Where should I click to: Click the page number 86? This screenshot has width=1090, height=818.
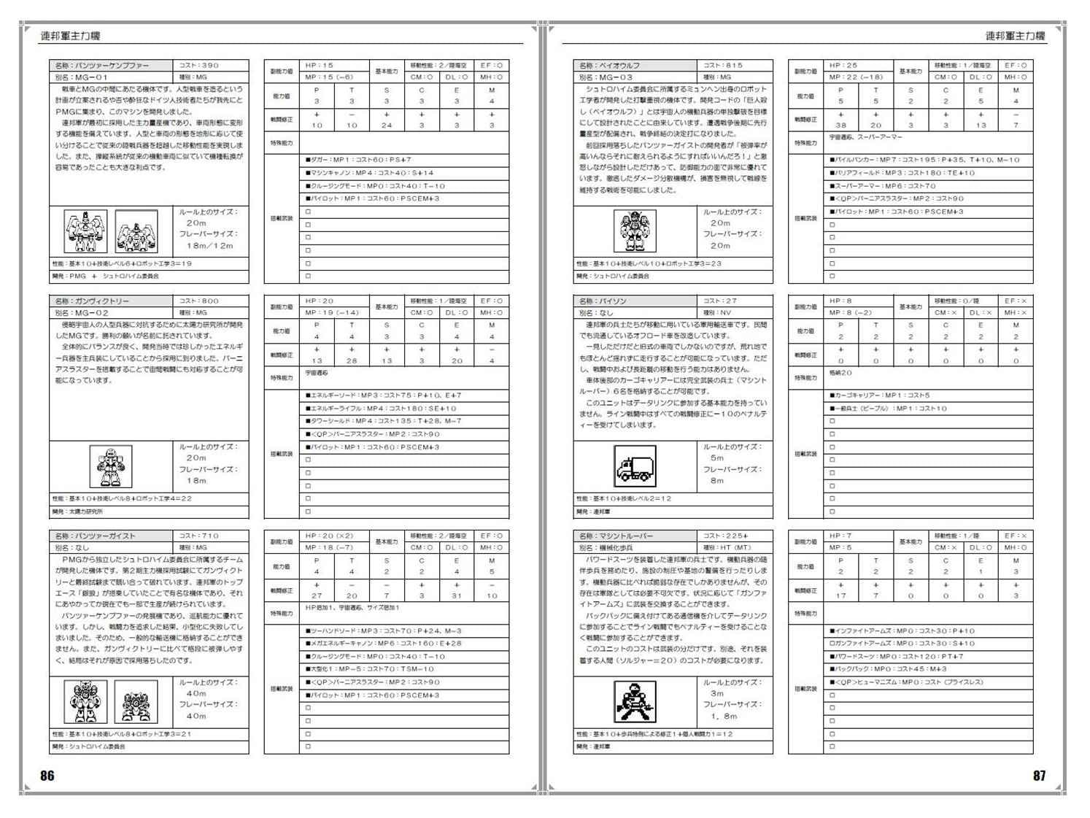pyautogui.click(x=47, y=776)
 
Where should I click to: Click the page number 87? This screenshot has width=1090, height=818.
pyautogui.click(x=1039, y=776)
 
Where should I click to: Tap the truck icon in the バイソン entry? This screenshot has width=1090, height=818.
pyautogui.click(x=634, y=466)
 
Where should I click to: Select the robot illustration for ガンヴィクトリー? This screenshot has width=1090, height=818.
pyautogui.click(x=115, y=466)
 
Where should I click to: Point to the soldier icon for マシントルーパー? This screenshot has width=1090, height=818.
pyautogui.click(x=634, y=701)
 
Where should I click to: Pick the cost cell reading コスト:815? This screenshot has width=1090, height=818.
pyautogui.click(x=735, y=66)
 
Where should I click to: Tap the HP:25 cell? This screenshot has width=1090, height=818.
pyautogui.click(x=859, y=66)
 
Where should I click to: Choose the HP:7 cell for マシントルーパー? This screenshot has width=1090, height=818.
pyautogui.click(x=859, y=536)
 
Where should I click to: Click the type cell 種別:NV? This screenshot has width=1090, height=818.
pyautogui.click(x=735, y=312)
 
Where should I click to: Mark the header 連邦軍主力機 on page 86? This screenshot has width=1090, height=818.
pyautogui.click(x=70, y=36)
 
